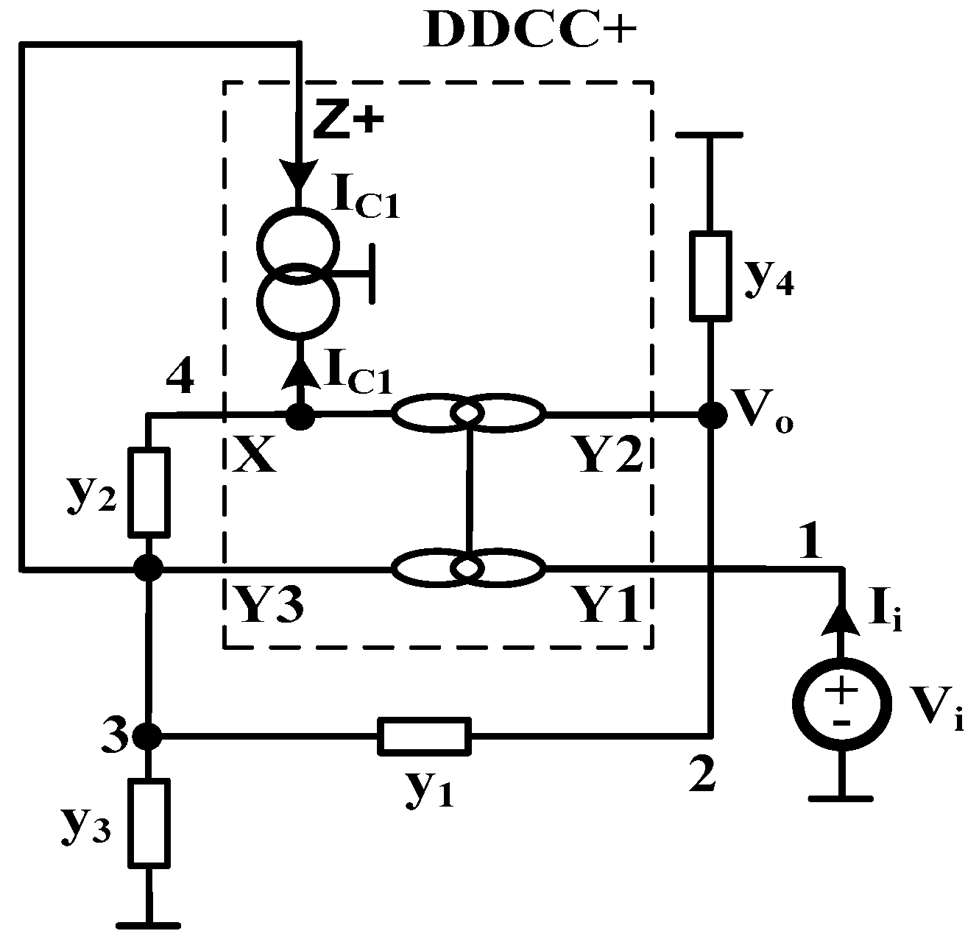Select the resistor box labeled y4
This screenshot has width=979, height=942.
710,275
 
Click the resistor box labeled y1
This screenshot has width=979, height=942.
424,735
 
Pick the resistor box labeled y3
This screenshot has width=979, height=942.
149,821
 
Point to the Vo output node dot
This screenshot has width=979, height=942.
711,416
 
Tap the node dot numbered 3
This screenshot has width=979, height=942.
149,734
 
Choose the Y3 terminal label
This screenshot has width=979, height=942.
268,606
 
